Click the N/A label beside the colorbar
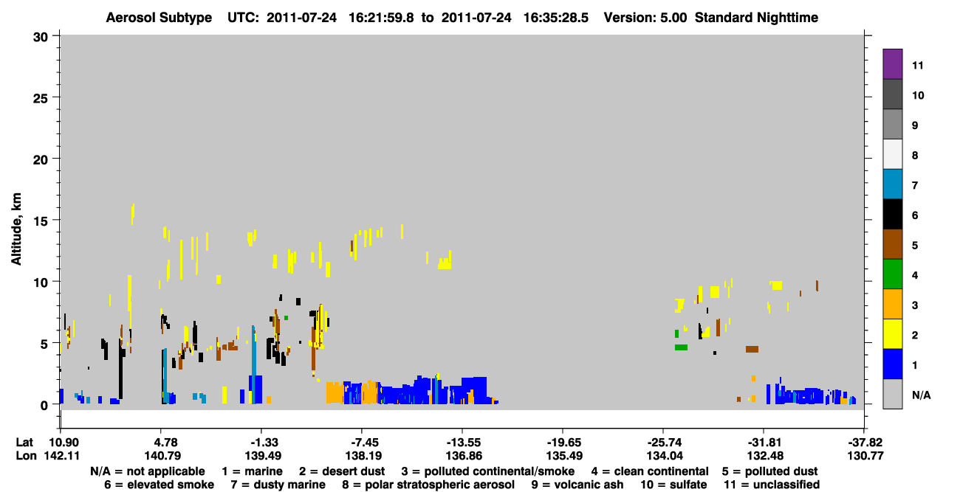coord(921,395)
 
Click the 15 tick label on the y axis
coord(41,221)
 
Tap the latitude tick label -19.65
coord(563,442)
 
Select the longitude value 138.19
coord(363,456)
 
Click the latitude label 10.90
coord(62,442)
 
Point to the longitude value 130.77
coord(865,456)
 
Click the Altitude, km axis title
coord(16,229)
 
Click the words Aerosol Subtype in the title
coord(159,18)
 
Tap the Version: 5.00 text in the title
coord(645,18)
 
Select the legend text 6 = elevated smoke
coord(159,485)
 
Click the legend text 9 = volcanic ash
coord(577,485)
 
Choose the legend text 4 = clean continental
coord(650,471)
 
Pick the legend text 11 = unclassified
coord(772,485)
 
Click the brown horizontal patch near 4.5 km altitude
coord(752,350)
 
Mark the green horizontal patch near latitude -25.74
coord(681,347)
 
